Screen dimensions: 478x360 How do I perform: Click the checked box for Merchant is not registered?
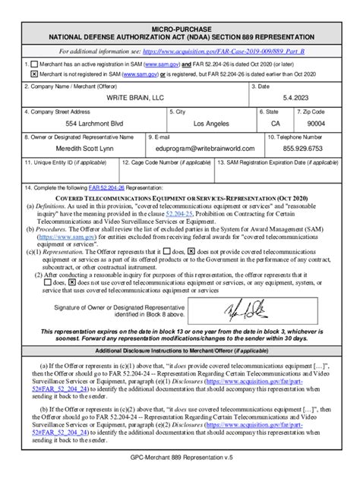(34, 75)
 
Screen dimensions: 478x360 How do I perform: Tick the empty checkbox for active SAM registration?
(34, 65)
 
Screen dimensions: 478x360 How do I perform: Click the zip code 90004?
(317, 123)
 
